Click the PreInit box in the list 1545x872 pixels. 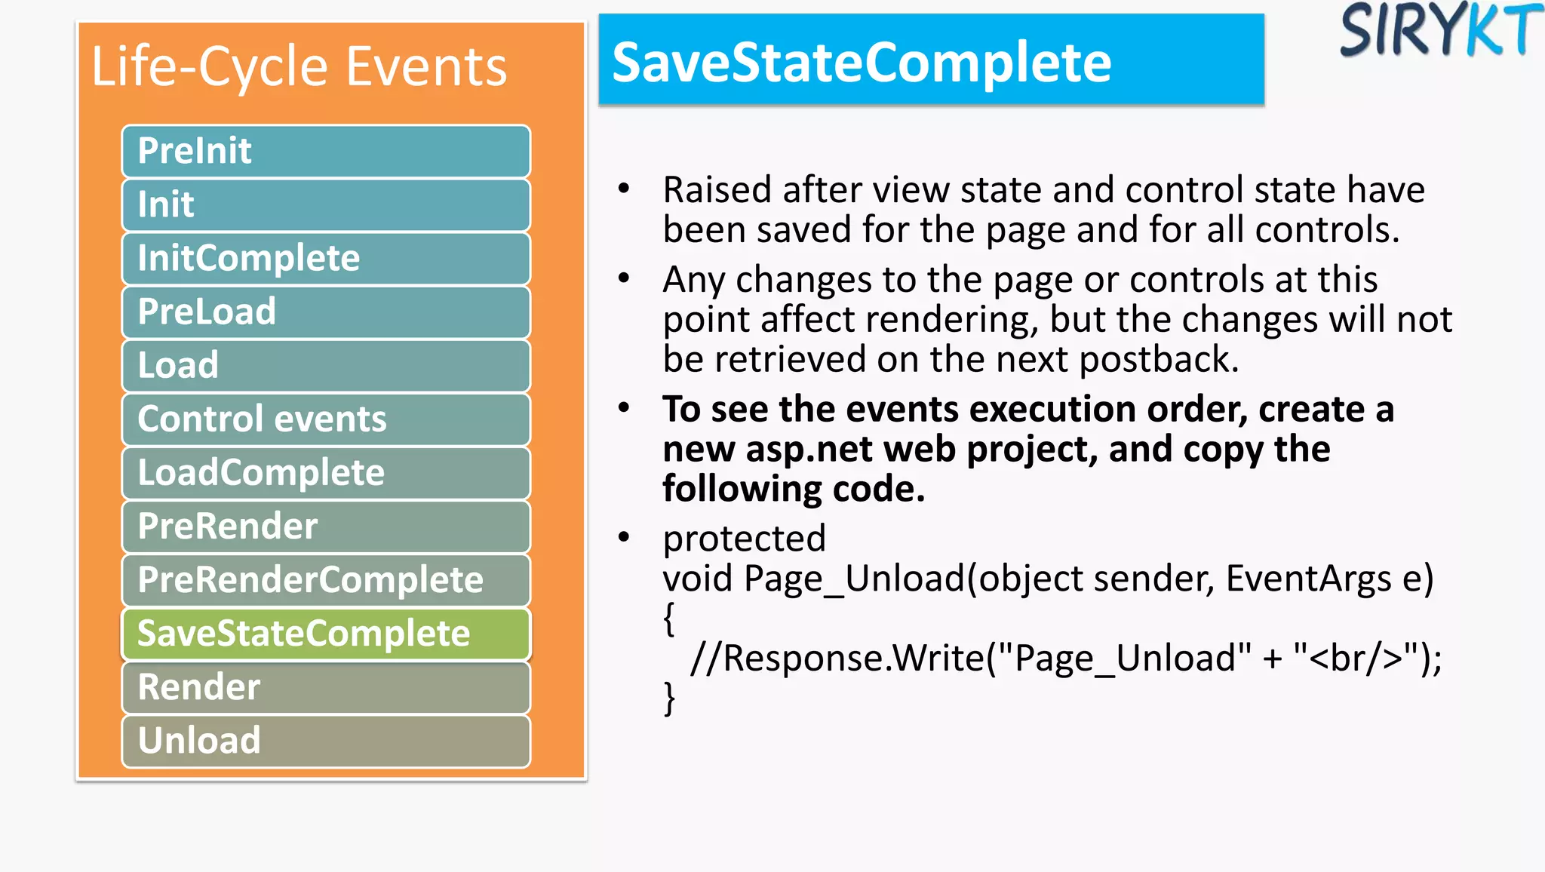coord(326,151)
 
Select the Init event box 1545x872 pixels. coord(326,204)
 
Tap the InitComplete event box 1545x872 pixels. coord(326,258)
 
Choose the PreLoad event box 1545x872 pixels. coord(326,312)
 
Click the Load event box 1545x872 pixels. coord(326,365)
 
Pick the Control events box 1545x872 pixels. coord(326,419)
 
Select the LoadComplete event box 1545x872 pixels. coord(326,472)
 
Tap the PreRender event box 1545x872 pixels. coord(326,526)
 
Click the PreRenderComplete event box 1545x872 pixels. coord(326,579)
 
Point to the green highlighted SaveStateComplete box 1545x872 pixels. coord(326,633)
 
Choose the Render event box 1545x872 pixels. coord(326,686)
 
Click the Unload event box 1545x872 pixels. coord(326,740)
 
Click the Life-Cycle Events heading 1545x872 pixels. coord(299,67)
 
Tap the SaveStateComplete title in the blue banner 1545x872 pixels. coord(862,62)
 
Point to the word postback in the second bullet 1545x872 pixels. coord(1159,359)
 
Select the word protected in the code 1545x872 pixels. coord(744,539)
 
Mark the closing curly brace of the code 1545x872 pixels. coord(669,698)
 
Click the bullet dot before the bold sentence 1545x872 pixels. coord(624,408)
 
